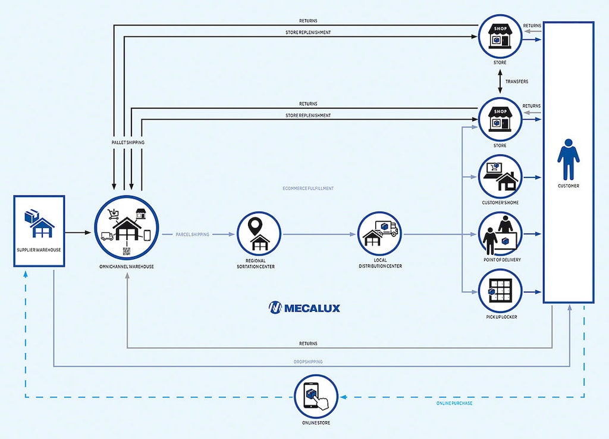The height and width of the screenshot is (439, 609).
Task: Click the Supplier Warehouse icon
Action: click(x=39, y=223)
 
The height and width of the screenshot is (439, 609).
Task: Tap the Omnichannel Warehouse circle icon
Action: click(x=126, y=228)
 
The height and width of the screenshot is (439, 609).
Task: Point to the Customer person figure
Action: click(x=568, y=159)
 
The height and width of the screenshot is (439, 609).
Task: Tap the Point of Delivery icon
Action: click(x=500, y=234)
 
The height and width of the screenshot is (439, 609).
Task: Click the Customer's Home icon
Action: click(x=500, y=177)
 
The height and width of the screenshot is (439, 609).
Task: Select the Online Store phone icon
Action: click(x=316, y=396)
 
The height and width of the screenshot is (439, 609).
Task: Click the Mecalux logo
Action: click(x=304, y=308)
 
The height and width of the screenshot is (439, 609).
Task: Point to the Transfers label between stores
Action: click(x=516, y=81)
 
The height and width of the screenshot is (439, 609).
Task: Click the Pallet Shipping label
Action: click(x=127, y=142)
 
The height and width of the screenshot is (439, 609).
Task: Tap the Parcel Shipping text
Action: click(x=192, y=235)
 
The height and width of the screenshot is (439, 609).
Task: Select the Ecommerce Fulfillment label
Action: click(x=308, y=188)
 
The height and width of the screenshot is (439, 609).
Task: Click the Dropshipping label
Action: click(x=307, y=361)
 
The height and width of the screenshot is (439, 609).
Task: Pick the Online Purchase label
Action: click(x=455, y=403)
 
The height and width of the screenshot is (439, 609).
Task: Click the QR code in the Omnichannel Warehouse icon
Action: click(x=126, y=251)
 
